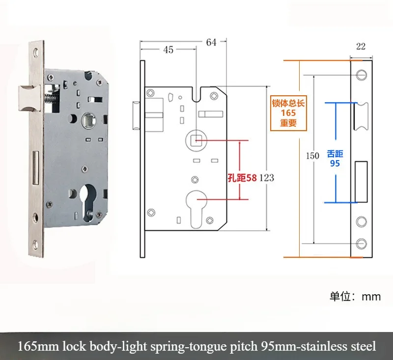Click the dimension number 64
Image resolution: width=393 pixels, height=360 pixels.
pos(211,42)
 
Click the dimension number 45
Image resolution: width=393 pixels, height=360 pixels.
pos(168,50)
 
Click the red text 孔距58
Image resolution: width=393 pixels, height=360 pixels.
pos(242,178)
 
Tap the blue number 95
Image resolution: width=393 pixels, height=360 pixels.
pos(335,163)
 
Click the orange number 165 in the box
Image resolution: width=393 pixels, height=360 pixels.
pos(289,113)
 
